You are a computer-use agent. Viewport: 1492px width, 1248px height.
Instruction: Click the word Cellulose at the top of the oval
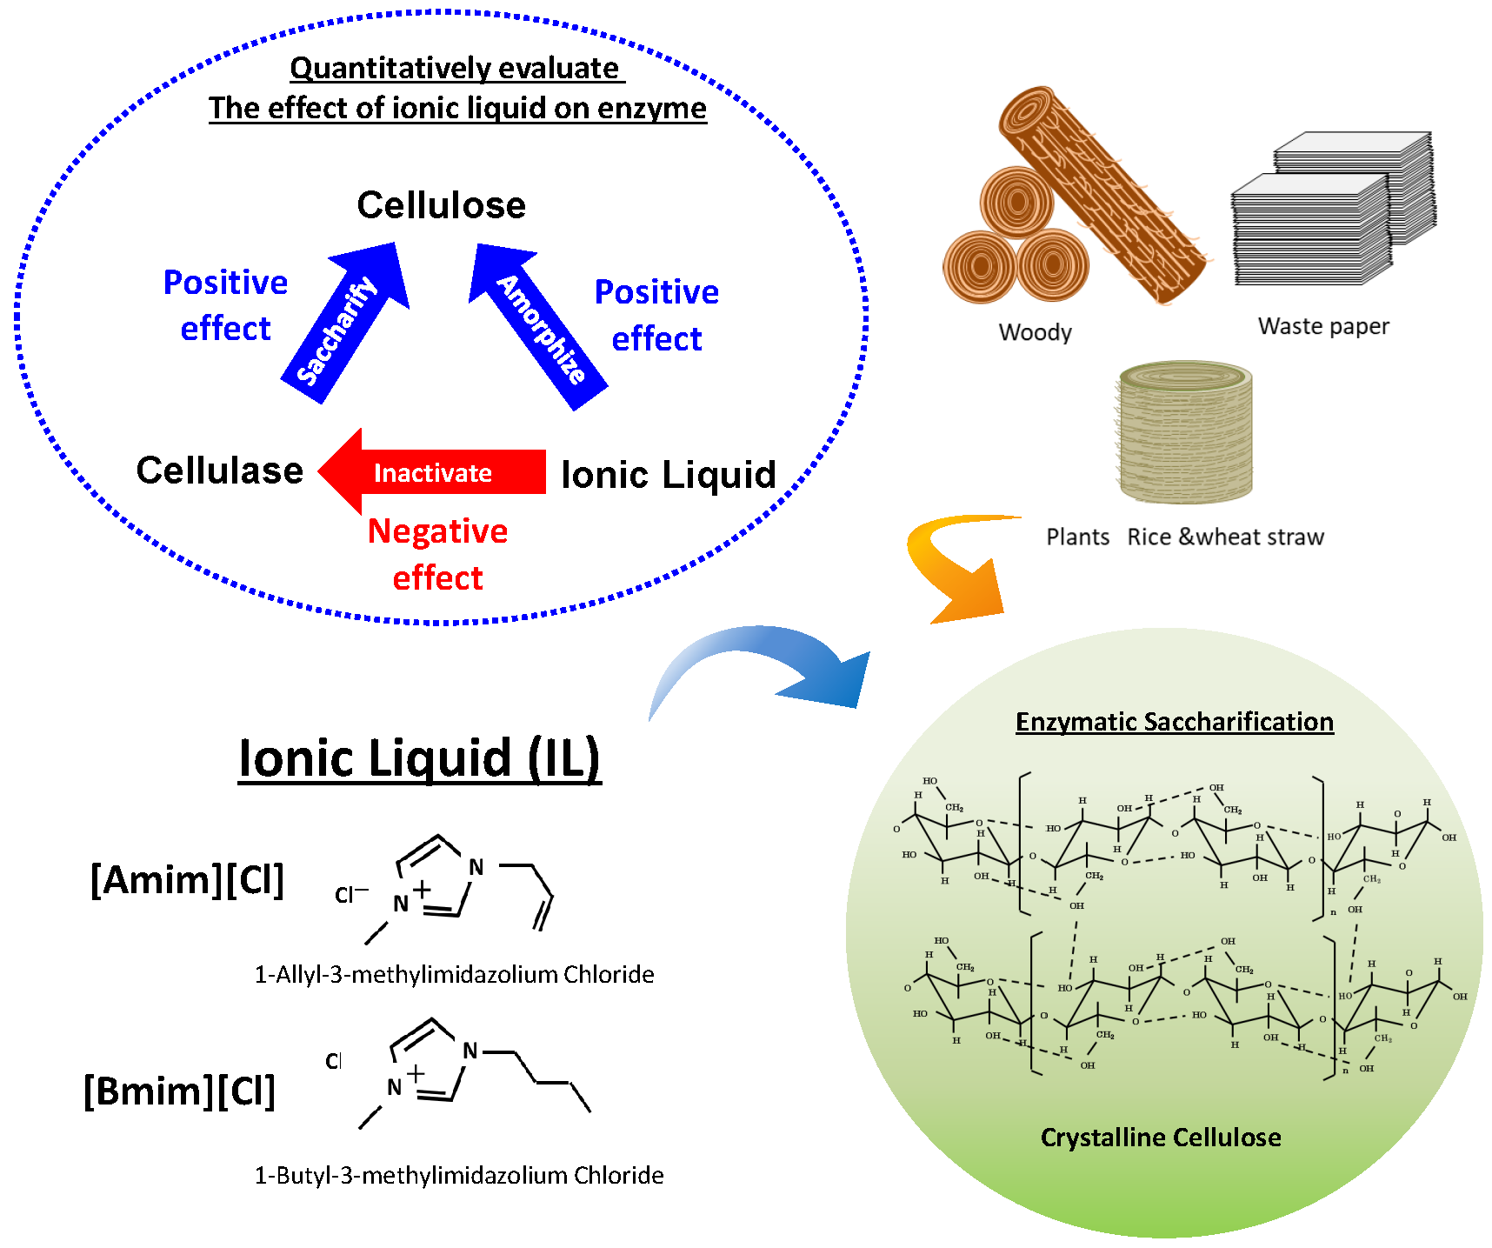(x=441, y=205)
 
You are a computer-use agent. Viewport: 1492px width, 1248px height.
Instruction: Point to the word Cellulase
(x=219, y=471)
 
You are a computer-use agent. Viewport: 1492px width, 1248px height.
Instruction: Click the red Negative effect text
(x=437, y=554)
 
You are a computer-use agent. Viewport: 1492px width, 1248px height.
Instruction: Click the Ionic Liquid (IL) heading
(x=419, y=758)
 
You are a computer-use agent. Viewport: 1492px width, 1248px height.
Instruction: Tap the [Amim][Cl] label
(x=187, y=879)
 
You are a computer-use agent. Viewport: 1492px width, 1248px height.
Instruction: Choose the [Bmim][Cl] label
(x=179, y=1091)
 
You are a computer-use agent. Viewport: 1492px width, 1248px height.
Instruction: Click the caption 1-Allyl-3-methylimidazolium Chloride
(x=454, y=974)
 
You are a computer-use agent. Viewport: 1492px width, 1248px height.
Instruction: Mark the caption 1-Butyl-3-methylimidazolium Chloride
(x=458, y=1175)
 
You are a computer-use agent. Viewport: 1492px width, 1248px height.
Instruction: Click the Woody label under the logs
(x=1035, y=332)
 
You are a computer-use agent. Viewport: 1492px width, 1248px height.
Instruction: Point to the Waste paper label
(x=1322, y=326)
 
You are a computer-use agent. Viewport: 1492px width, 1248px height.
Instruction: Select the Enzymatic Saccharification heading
(x=1174, y=722)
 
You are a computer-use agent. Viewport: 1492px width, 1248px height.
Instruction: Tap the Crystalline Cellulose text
(x=1160, y=1138)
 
